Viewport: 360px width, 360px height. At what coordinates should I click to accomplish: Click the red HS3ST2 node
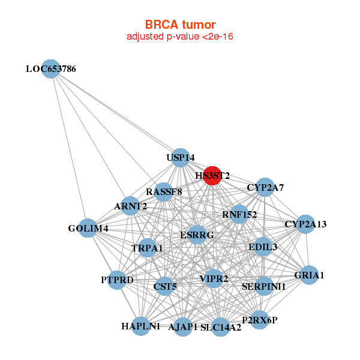coord(212,176)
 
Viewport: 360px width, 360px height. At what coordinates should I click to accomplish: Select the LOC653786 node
coord(51,69)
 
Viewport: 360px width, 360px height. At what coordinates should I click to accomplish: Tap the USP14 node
coord(181,158)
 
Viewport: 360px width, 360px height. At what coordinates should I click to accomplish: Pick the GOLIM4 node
coord(88,228)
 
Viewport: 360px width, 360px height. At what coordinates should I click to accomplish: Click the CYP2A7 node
coord(265,188)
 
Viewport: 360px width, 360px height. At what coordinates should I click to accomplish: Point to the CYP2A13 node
coord(305,224)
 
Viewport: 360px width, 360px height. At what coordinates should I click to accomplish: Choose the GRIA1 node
coord(309,275)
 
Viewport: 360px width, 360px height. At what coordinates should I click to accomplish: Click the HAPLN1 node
coord(141,326)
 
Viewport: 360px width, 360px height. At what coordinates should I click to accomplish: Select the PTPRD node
coord(117,280)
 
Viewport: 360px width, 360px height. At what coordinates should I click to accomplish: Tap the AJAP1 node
coord(183,327)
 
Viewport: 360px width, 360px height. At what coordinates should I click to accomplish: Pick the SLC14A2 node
coord(221,327)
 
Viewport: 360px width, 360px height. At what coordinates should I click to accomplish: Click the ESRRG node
coord(197,235)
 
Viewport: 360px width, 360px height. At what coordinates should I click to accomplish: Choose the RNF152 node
coord(239,214)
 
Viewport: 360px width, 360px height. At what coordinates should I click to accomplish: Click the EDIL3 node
coord(263,247)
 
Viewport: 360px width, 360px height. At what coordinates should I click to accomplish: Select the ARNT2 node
coord(130,206)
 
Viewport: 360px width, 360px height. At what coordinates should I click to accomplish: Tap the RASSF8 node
coord(164,192)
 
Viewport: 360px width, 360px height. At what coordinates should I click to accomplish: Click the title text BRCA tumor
coord(179,25)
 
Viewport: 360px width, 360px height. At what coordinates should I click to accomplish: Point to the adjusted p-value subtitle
coord(179,37)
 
